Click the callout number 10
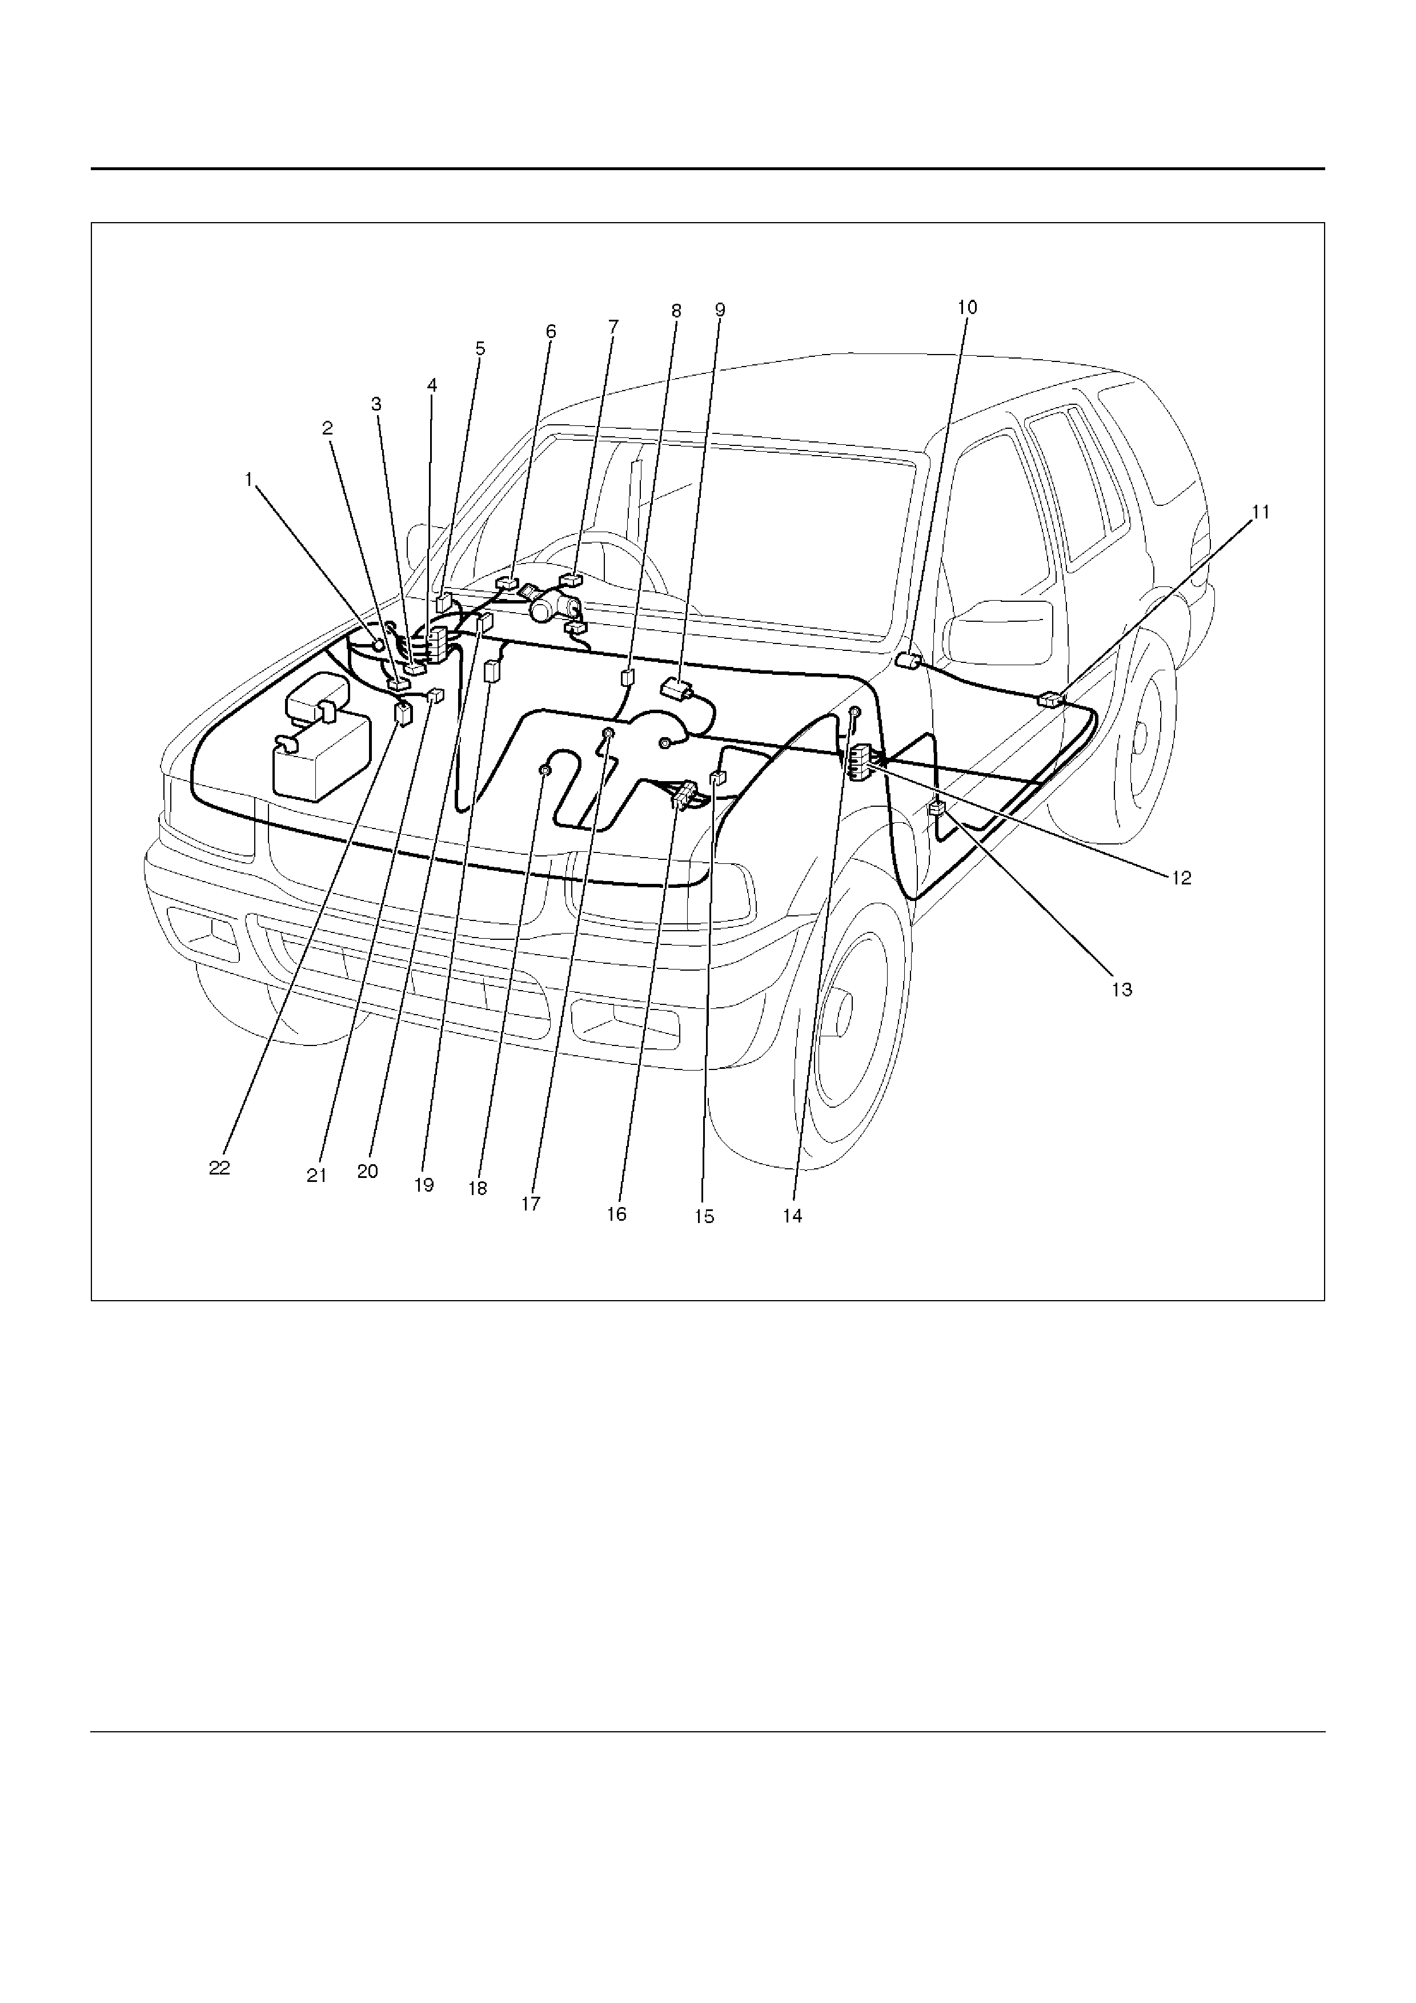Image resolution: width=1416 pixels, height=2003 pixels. pos(966,307)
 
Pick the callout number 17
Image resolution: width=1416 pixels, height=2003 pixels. pos(531,1204)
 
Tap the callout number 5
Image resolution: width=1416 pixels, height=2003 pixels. pos(481,348)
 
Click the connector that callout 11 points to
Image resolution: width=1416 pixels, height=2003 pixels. pos(1050,699)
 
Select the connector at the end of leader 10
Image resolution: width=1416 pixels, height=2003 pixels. pos(908,661)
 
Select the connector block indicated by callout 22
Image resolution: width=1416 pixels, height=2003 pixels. pos(403,714)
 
